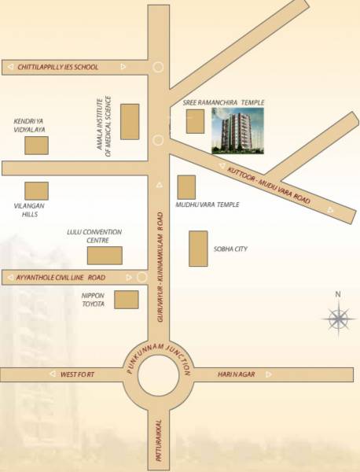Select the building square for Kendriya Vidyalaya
(x=36, y=146)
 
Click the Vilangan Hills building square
(x=36, y=190)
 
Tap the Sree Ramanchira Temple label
(x=223, y=103)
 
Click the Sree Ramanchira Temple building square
(x=195, y=122)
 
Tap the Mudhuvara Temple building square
(x=186, y=187)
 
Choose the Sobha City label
(x=230, y=249)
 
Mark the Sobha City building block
(x=198, y=249)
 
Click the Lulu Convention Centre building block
(x=105, y=256)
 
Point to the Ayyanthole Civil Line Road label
(x=61, y=278)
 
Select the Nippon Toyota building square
(x=126, y=300)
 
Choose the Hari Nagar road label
(x=233, y=374)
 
